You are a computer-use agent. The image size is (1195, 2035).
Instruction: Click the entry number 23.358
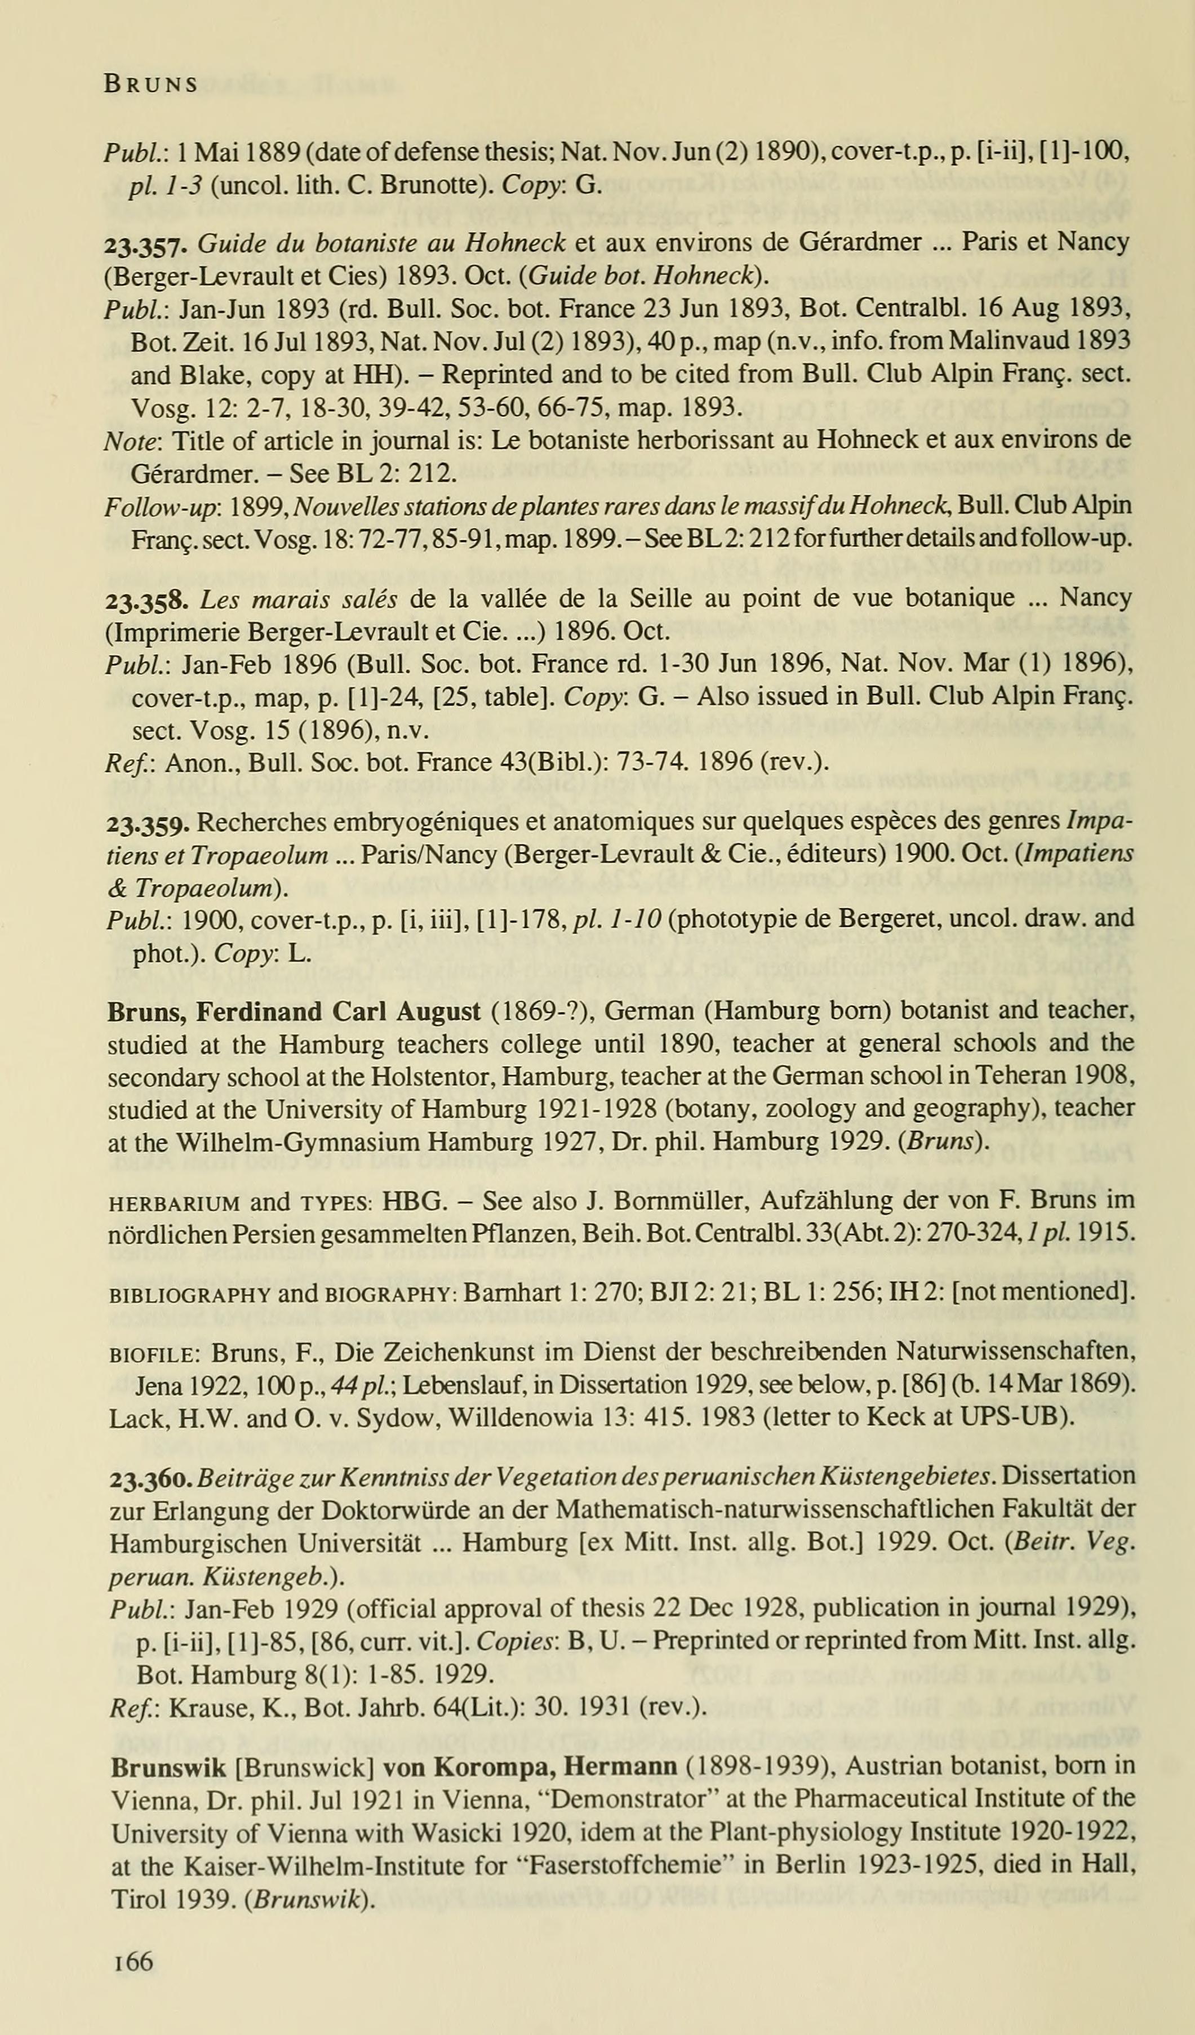147,599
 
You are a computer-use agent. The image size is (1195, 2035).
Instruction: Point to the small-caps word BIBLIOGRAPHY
189,1293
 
